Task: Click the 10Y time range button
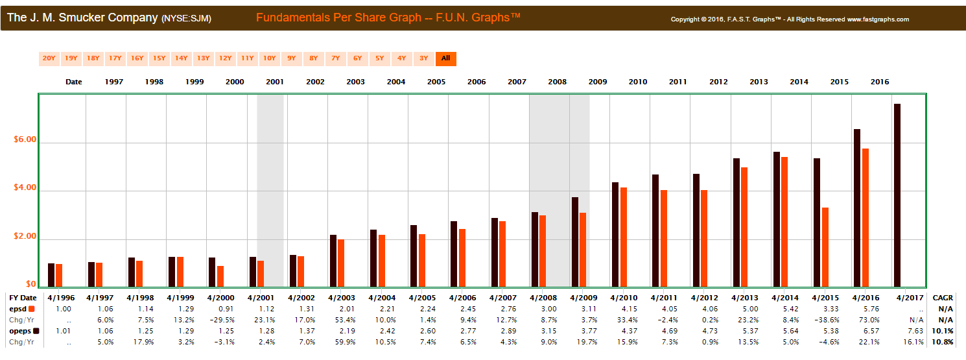tap(269, 58)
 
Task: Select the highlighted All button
tap(445, 58)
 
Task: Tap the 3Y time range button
tap(423, 58)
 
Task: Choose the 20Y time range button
tap(49, 58)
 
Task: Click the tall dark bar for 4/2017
tap(897, 195)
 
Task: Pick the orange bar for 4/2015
tap(825, 247)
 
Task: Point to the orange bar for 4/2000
tap(220, 276)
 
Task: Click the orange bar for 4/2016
tap(866, 217)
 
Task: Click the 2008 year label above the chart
tap(557, 82)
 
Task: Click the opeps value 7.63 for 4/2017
tap(915, 331)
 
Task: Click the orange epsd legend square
tap(31, 309)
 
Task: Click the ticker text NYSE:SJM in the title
tap(186, 19)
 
